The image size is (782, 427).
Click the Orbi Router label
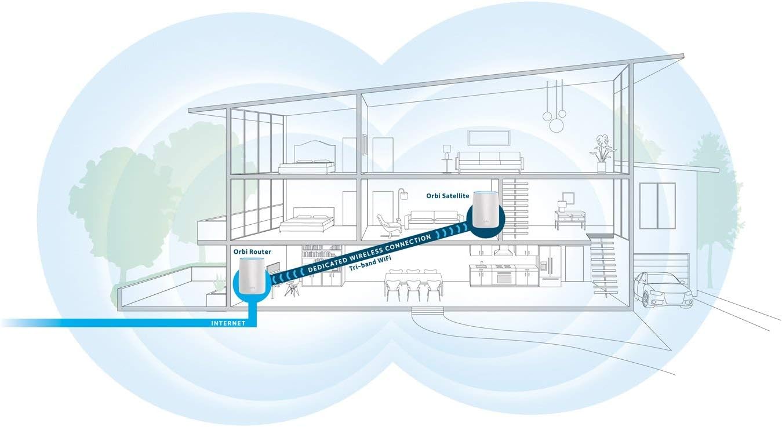tap(252, 251)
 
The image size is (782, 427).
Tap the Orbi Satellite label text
tap(448, 196)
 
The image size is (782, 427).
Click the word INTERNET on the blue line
tap(228, 323)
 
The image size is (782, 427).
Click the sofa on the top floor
tap(489, 162)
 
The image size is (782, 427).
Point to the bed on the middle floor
tap(307, 220)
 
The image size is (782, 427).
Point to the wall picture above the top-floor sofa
tap(489, 137)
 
